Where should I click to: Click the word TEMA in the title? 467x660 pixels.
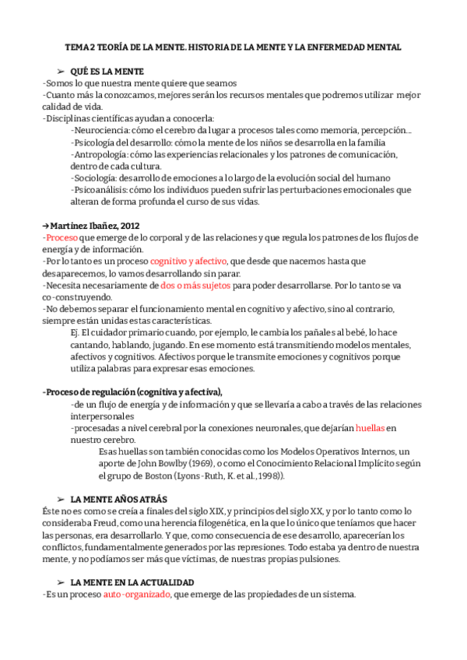(x=77, y=47)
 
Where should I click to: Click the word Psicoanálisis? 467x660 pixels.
(x=100, y=190)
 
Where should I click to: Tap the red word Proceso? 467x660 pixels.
(x=61, y=237)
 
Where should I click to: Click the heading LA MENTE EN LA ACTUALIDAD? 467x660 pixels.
(x=132, y=583)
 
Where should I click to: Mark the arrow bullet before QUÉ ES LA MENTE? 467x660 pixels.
(x=61, y=71)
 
